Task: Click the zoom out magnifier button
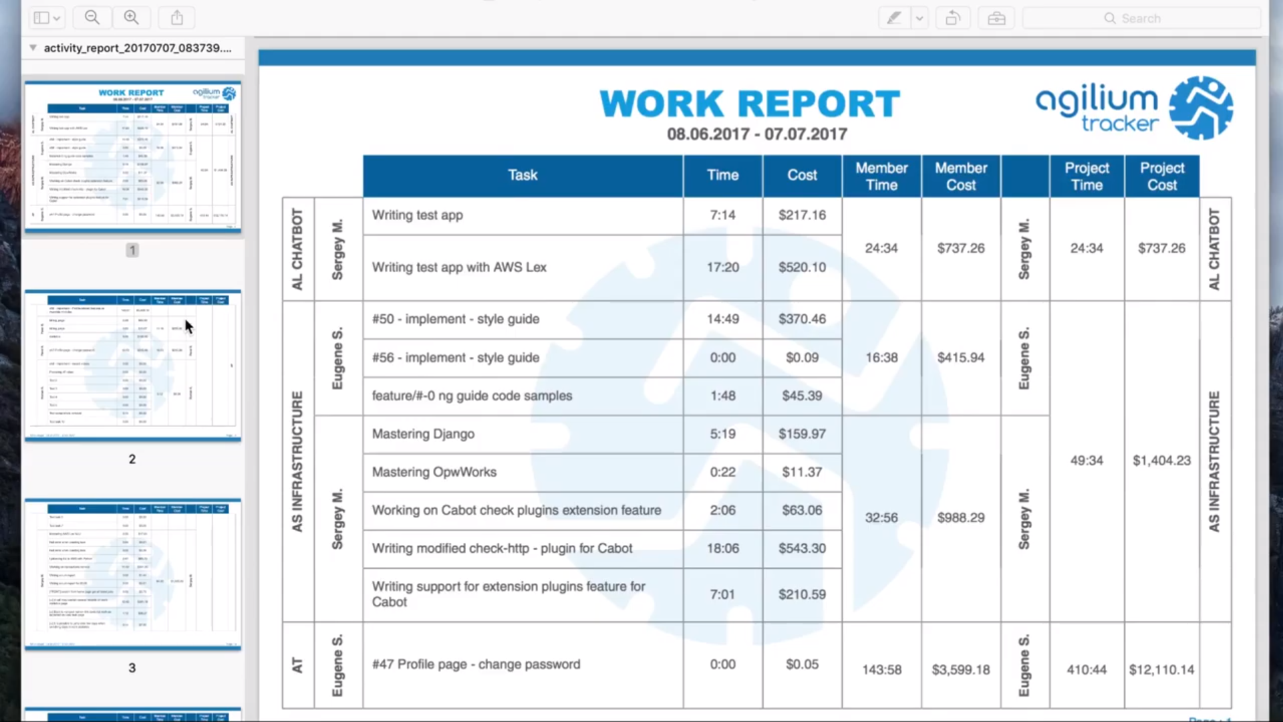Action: coord(92,18)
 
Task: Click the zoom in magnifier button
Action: coord(132,18)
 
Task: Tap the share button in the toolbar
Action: coord(176,18)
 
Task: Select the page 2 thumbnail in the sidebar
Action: coord(132,366)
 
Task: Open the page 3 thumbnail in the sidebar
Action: coord(132,574)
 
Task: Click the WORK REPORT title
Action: coord(750,104)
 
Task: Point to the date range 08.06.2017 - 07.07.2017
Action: coord(756,134)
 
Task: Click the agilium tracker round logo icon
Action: coord(1201,108)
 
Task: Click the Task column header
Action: coord(523,175)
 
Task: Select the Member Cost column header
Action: coord(960,176)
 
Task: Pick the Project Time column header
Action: coord(1087,176)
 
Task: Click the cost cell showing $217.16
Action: coord(802,215)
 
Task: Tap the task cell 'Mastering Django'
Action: coord(423,434)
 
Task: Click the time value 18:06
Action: coord(722,548)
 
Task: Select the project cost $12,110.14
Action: coord(1161,669)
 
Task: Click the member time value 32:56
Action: coord(881,517)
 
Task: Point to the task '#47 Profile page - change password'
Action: coord(476,665)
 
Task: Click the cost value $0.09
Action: coord(802,358)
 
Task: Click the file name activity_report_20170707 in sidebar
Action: coord(137,48)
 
